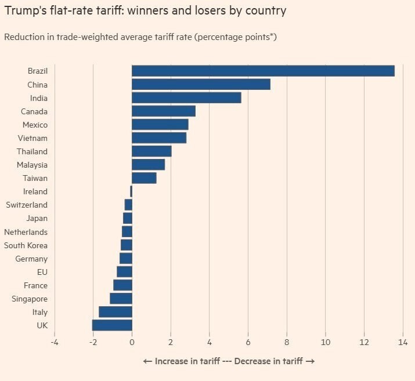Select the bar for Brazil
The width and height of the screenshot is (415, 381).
click(263, 71)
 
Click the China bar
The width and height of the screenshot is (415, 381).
click(201, 84)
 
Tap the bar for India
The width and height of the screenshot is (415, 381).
click(186, 98)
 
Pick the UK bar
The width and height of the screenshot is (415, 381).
click(112, 325)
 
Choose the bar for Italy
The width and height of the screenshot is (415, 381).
click(116, 312)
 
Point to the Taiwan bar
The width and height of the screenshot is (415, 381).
click(144, 178)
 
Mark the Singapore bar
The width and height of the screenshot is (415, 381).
click(121, 299)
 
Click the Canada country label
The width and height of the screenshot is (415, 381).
click(34, 111)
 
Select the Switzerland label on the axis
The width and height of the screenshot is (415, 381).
click(27, 205)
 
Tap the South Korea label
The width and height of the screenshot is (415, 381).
click(26, 245)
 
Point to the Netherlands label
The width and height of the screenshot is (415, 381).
click(26, 232)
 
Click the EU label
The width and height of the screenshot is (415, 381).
click(42, 272)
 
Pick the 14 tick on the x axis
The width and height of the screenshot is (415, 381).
click(402, 342)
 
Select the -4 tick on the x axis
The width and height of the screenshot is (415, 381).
click(55, 342)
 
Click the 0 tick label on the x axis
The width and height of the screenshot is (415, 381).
click(132, 342)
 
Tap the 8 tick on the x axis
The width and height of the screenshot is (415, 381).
click(287, 342)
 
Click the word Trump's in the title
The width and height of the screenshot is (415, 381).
click(23, 11)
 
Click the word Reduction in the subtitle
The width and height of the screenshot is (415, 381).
click(22, 37)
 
